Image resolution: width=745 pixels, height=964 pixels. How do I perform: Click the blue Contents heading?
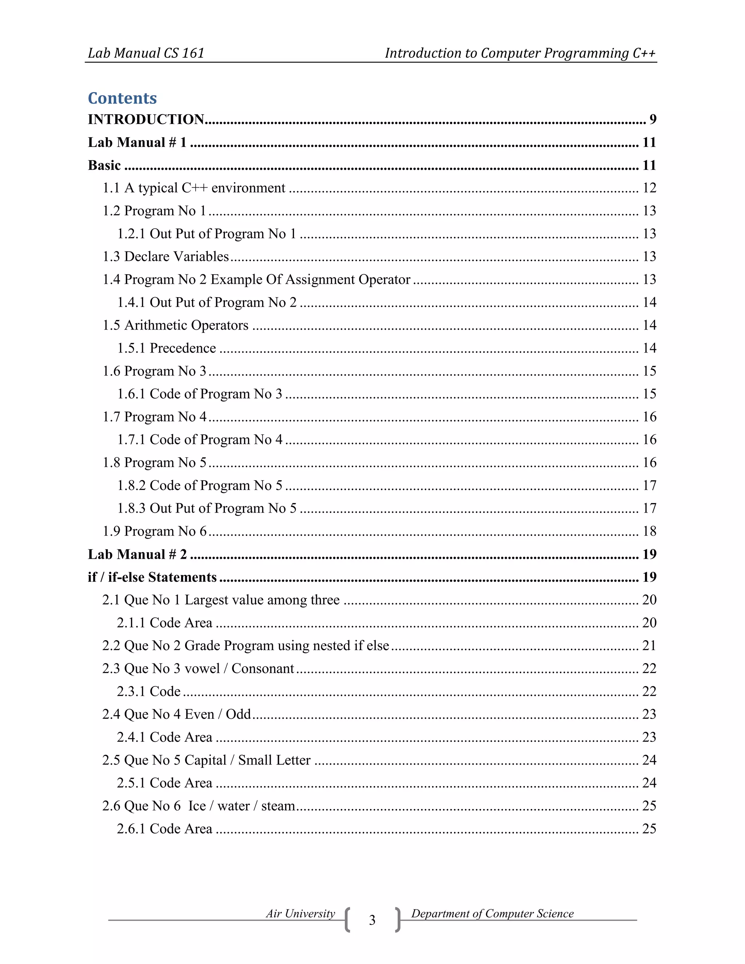(x=122, y=98)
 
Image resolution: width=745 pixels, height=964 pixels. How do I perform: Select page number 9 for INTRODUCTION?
(x=652, y=119)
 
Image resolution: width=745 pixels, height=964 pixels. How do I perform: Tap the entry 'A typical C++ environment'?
(x=205, y=188)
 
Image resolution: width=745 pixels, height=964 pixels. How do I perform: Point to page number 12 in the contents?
(x=649, y=188)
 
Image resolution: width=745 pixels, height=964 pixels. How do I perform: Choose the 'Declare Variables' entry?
(x=176, y=256)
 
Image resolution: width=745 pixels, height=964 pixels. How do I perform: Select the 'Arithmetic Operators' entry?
(x=187, y=325)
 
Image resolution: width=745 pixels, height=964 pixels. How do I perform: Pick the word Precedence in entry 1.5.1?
(x=183, y=348)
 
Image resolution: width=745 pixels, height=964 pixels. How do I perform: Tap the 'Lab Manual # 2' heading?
(x=137, y=554)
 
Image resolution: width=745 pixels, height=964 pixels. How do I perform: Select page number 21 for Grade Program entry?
(x=649, y=646)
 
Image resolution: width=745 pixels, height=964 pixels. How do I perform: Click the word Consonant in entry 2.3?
(x=263, y=669)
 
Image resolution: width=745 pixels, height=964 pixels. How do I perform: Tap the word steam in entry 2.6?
(x=278, y=806)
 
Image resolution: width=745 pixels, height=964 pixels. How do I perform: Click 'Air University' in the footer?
(x=300, y=914)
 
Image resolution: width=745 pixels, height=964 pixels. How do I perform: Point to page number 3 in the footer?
(x=372, y=920)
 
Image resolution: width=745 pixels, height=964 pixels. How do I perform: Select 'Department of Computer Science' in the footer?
(x=492, y=914)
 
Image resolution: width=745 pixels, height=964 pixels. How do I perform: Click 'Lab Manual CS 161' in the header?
(x=146, y=53)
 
